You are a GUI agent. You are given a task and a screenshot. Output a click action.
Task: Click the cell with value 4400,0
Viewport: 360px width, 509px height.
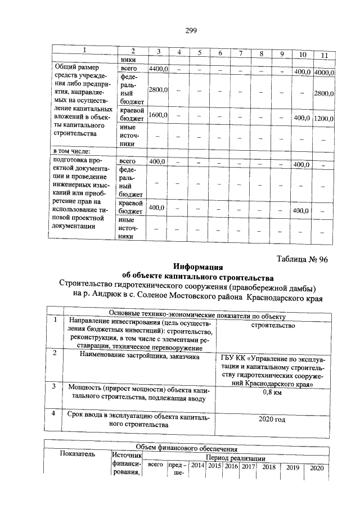pos(158,69)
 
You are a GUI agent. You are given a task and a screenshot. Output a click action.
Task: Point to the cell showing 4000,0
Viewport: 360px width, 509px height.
pos(324,73)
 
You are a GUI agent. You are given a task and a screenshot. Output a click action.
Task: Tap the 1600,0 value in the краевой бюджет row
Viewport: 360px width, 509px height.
pos(158,115)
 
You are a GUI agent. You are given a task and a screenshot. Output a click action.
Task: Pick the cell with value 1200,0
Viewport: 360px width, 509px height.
pos(324,119)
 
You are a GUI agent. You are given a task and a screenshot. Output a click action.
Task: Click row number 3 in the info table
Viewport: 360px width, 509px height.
pos(55,387)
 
